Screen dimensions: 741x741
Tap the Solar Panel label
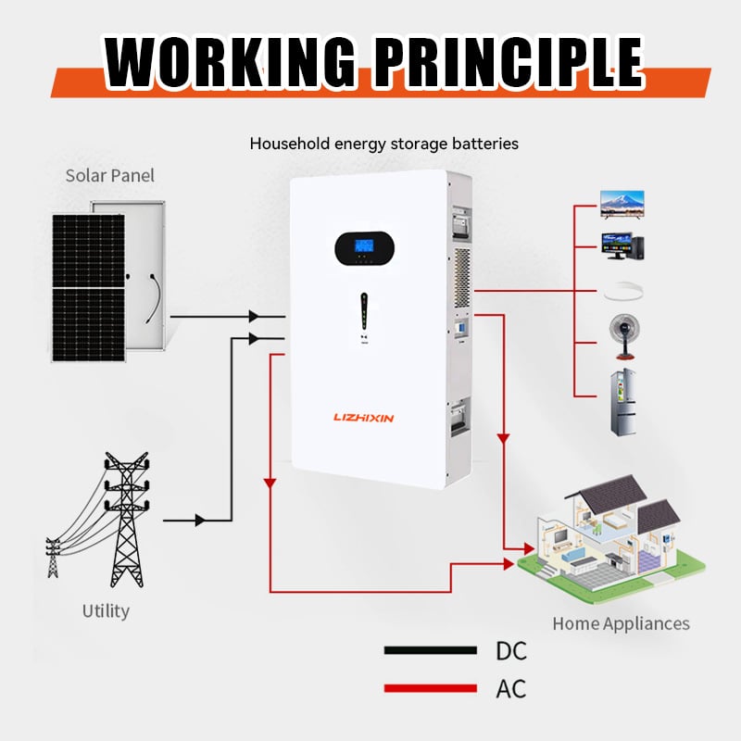point(110,175)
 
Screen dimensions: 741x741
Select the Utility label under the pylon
point(106,610)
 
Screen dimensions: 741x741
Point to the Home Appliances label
point(621,623)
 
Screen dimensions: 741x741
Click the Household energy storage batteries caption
point(383,144)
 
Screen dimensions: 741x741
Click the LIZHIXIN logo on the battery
point(363,419)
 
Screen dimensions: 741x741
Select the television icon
point(622,204)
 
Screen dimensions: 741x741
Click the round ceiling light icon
point(622,292)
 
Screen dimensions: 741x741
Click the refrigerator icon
point(624,403)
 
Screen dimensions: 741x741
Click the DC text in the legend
point(510,651)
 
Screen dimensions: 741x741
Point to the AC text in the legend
point(510,689)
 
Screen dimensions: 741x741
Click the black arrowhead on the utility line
point(200,521)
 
